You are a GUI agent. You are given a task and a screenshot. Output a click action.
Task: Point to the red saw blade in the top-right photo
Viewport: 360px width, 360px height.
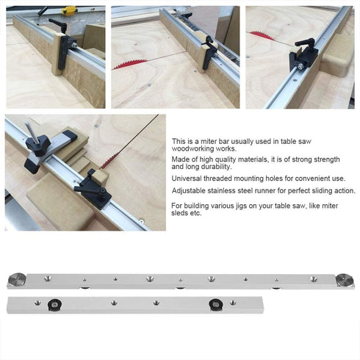pyautogui.click(x=257, y=34)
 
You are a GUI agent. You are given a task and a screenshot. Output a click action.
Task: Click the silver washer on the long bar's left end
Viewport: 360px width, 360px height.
pyautogui.click(x=15, y=278)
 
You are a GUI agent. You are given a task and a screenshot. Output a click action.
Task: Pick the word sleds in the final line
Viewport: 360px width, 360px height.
pyautogui.click(x=181, y=214)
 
